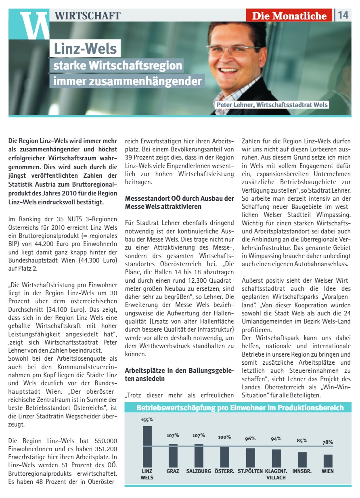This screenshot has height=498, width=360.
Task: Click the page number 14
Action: coord(343,15)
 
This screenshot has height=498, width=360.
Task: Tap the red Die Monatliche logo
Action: coord(289,16)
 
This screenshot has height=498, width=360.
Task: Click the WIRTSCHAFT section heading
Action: coord(88,16)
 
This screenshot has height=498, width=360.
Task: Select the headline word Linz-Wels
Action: coord(85,49)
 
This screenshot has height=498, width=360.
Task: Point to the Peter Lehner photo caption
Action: coord(272,105)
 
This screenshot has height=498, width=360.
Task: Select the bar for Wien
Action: coord(328,460)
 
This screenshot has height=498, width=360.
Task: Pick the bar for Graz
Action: coord(173,456)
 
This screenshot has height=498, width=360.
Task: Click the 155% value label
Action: coord(147,420)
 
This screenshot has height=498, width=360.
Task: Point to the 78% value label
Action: coord(328,442)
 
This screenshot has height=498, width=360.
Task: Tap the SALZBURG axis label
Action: coord(199,471)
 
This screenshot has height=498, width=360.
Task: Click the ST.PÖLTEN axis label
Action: coord(250,471)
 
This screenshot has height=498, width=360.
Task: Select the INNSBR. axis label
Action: coord(302,471)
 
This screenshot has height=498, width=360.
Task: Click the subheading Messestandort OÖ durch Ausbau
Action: coord(180,202)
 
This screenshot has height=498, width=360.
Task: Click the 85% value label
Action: coord(302,441)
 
